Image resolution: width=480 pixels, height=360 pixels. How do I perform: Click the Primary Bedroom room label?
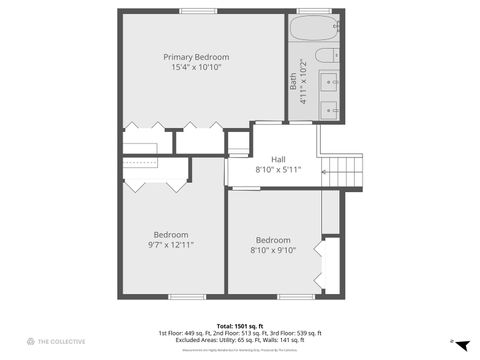click(196, 57)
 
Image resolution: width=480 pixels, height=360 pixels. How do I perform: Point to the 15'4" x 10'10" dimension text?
click(196, 68)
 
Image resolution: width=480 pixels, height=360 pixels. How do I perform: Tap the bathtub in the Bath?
click(316, 29)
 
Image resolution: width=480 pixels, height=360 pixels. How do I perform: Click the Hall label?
click(278, 159)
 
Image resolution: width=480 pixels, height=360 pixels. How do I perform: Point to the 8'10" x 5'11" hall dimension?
click(278, 170)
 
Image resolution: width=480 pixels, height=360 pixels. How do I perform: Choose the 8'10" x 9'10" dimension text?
click(272, 251)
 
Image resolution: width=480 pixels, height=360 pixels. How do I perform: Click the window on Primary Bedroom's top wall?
click(197, 11)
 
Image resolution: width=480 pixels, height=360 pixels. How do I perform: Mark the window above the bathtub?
click(307, 11)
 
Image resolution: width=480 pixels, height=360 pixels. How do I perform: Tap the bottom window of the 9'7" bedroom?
click(186, 296)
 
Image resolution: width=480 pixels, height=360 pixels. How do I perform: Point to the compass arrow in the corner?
click(461, 343)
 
